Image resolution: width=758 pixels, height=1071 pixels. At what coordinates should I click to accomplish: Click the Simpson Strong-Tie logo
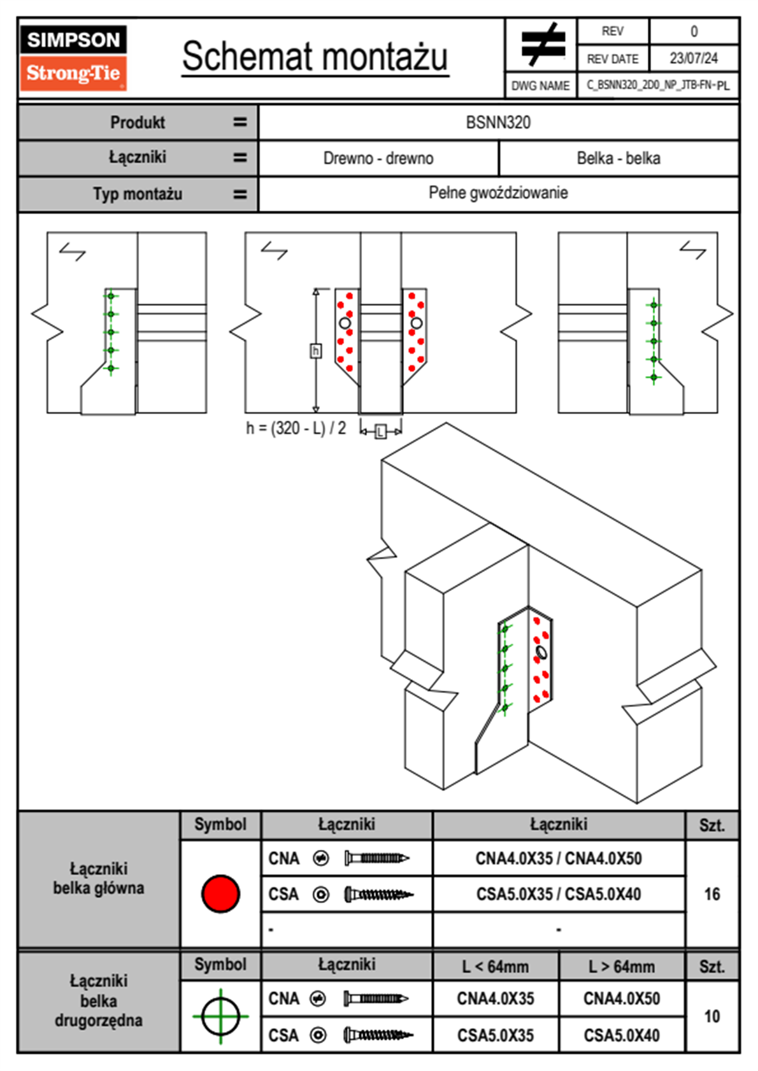coord(73,58)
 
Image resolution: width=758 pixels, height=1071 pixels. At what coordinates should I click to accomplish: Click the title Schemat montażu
coord(315,57)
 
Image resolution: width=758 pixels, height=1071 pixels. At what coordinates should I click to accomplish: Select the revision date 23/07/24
coord(693,59)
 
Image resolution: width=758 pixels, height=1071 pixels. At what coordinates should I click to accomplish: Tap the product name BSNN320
coord(498,122)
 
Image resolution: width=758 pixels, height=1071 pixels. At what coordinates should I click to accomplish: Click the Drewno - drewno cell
coord(378,158)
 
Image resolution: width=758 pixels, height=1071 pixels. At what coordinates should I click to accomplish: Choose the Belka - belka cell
coord(619,158)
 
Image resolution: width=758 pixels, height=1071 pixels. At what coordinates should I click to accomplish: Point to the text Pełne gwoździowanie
coord(498,193)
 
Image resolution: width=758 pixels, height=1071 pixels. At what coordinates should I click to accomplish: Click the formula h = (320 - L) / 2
coord(296,429)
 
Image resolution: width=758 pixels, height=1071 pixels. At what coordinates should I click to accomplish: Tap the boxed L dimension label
coord(380,432)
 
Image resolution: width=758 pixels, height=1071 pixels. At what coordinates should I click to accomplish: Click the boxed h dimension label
coord(315,351)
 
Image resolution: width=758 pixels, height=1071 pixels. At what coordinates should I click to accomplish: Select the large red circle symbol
coord(220,894)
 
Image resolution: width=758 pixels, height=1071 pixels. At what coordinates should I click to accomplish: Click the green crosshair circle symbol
coord(220,1016)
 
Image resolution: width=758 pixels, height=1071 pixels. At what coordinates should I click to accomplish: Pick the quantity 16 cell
coord(712,894)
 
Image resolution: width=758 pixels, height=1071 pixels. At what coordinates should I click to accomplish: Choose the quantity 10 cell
coord(712,1016)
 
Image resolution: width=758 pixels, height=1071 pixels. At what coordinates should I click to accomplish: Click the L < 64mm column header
coord(496,967)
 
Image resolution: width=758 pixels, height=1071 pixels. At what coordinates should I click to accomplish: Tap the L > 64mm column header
coord(622,967)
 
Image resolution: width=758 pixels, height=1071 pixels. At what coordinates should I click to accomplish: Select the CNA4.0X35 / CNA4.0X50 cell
coord(559,858)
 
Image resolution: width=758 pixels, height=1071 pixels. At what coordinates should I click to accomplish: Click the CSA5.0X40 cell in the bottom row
coord(622,1035)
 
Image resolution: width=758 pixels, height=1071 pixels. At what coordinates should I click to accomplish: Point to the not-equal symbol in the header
coord(542,45)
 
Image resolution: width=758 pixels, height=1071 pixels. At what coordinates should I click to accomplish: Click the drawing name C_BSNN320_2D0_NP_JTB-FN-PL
coord(658,85)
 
